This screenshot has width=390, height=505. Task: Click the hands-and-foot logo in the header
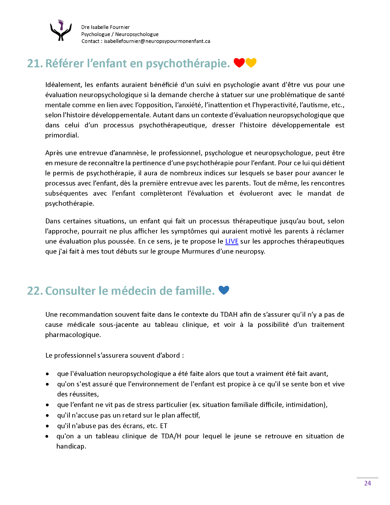(61, 31)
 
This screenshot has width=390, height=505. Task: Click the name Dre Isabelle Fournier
(105, 27)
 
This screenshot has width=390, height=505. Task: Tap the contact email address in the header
(157, 41)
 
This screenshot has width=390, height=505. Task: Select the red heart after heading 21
(239, 62)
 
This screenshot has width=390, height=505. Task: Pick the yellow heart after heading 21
(251, 62)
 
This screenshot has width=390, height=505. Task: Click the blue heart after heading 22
(224, 290)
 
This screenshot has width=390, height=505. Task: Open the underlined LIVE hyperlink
(231, 241)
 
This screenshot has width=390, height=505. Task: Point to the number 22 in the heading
(35, 291)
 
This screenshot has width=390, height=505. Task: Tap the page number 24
(367, 483)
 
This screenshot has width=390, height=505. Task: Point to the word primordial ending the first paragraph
(62, 135)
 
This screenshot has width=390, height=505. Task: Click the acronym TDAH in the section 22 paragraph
(229, 315)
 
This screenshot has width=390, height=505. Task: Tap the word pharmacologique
(73, 335)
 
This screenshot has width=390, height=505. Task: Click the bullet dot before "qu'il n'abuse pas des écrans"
(47, 426)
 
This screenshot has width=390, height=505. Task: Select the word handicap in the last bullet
(71, 446)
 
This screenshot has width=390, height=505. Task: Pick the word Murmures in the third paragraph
(198, 251)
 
